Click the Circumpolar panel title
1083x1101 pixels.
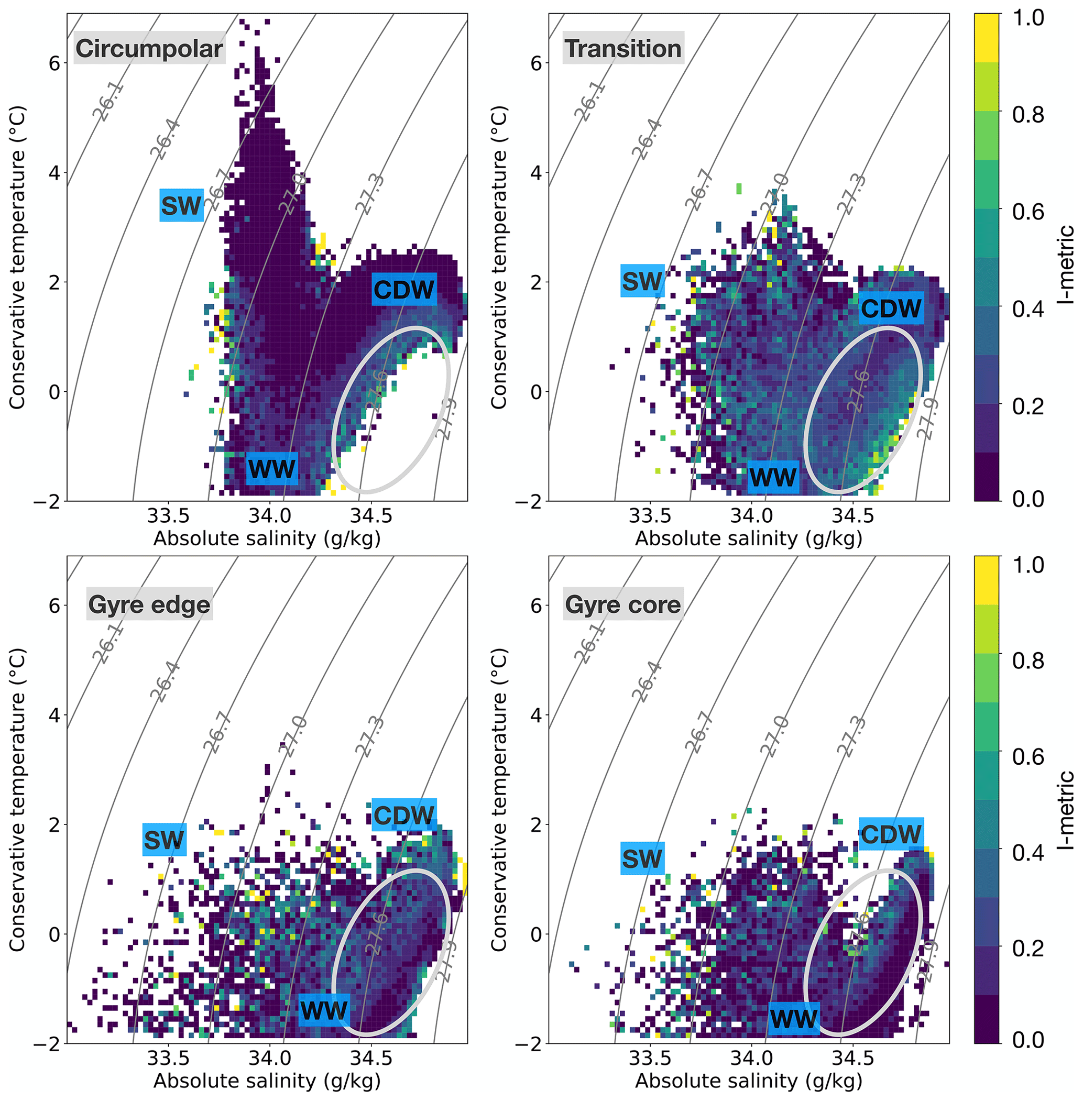coord(149,48)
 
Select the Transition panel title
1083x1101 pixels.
coord(623,48)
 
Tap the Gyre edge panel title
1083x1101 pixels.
coord(149,604)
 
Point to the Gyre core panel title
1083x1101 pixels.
coord(623,604)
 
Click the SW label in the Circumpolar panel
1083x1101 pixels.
coord(181,205)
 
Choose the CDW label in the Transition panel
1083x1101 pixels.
coord(890,308)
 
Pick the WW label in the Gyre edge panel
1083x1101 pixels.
coord(324,1010)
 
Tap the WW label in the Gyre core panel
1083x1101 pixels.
coord(793,1018)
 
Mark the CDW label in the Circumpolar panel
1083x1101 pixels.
coord(404,290)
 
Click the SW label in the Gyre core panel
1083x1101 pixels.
coord(642,858)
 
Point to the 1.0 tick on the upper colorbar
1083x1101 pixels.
coord(1029,18)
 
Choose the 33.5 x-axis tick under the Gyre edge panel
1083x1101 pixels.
coord(168,1059)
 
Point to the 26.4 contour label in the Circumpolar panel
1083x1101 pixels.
coord(165,139)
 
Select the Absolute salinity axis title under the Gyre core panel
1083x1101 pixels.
coord(749,1081)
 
